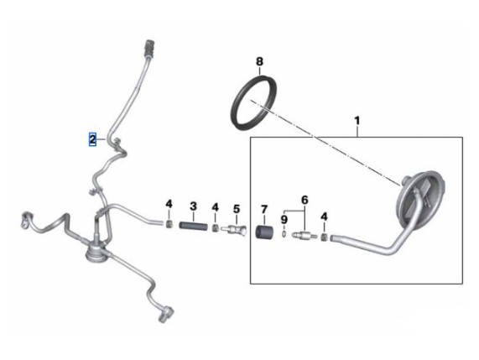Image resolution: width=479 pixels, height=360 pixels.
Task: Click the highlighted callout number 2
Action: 92,139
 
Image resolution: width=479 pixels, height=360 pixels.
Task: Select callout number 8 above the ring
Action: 259,62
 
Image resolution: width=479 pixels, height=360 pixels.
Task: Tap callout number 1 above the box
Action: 357,121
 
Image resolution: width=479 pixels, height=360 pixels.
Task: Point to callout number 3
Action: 193,206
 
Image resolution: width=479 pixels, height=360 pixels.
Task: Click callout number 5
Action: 237,209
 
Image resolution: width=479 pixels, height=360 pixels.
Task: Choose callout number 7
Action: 264,209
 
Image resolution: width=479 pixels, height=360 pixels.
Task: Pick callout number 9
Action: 284,219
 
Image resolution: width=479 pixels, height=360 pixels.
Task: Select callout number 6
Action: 305,201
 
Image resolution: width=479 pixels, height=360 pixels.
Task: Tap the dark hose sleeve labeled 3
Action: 193,227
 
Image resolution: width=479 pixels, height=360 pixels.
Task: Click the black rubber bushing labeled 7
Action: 264,233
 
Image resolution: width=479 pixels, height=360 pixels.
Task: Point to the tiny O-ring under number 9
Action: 284,234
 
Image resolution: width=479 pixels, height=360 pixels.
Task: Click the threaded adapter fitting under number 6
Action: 304,236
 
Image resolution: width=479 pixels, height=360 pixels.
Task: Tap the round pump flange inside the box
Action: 420,201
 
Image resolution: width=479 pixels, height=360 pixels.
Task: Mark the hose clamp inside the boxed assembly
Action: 325,237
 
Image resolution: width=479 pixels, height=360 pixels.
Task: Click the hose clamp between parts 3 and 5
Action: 216,227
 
